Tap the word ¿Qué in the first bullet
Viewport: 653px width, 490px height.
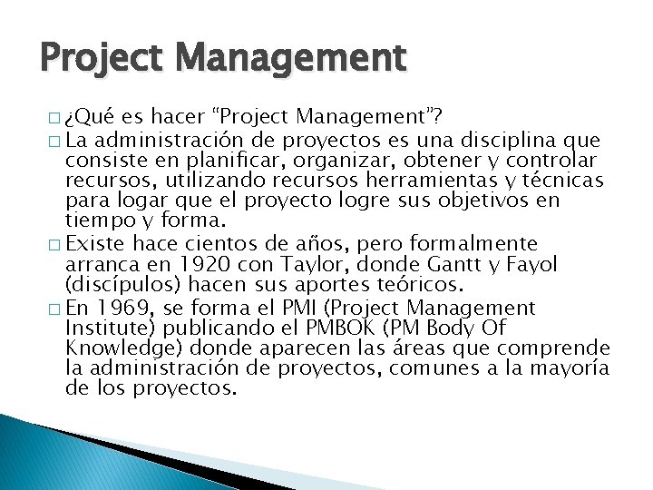(x=89, y=116)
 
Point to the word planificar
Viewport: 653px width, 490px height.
(x=246, y=160)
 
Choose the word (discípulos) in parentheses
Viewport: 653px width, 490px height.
(x=114, y=283)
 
